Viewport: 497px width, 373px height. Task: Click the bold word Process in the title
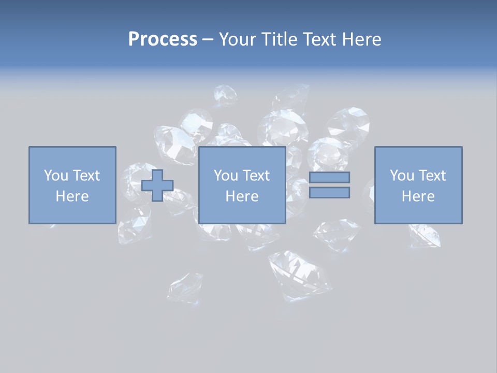tap(163, 39)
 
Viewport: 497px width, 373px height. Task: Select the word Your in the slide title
tap(237, 39)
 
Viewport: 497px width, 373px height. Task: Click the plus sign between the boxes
tap(157, 185)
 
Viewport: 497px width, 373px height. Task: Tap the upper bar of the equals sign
tap(329, 177)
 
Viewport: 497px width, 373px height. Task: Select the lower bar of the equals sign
tap(329, 192)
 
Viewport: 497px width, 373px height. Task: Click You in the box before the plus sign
tap(56, 176)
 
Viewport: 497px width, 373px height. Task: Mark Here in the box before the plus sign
tap(72, 196)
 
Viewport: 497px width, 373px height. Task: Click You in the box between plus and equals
tap(226, 176)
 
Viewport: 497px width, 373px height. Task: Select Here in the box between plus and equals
tap(242, 196)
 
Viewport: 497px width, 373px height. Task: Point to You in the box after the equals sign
tap(402, 176)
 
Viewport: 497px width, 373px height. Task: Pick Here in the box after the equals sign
tap(418, 196)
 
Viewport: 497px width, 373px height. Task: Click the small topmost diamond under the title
tap(225, 95)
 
